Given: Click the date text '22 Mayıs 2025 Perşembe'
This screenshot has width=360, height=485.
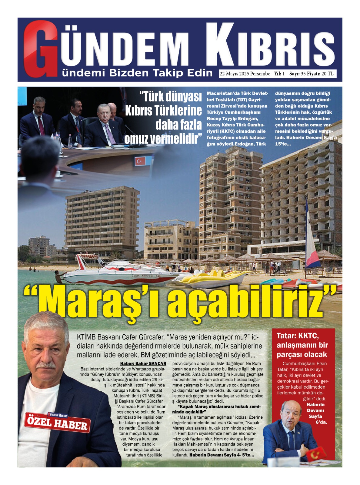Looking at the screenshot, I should click(x=245, y=74).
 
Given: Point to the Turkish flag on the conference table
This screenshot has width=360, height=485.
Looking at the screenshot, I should click(x=140, y=161).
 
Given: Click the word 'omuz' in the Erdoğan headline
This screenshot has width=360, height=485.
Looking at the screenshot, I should click(x=136, y=139).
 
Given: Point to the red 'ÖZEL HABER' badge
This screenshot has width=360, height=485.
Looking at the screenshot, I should click(x=58, y=422).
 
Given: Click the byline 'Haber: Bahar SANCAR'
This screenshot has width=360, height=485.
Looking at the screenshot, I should click(x=143, y=363).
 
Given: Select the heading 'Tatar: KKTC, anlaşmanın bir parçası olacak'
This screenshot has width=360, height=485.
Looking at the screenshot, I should click(x=302, y=345).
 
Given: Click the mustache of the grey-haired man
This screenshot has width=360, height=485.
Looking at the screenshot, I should click(x=46, y=365).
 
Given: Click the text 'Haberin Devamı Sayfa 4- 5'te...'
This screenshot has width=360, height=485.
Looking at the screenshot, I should click(x=222, y=455).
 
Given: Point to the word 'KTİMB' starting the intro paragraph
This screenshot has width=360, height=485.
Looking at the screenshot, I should click(x=86, y=337).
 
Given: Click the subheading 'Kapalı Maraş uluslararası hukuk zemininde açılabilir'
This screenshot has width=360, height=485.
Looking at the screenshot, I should click(x=216, y=409).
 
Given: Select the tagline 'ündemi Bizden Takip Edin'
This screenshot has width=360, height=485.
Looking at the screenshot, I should click(x=137, y=73).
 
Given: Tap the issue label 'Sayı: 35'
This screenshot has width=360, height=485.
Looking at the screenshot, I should click(x=297, y=74).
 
